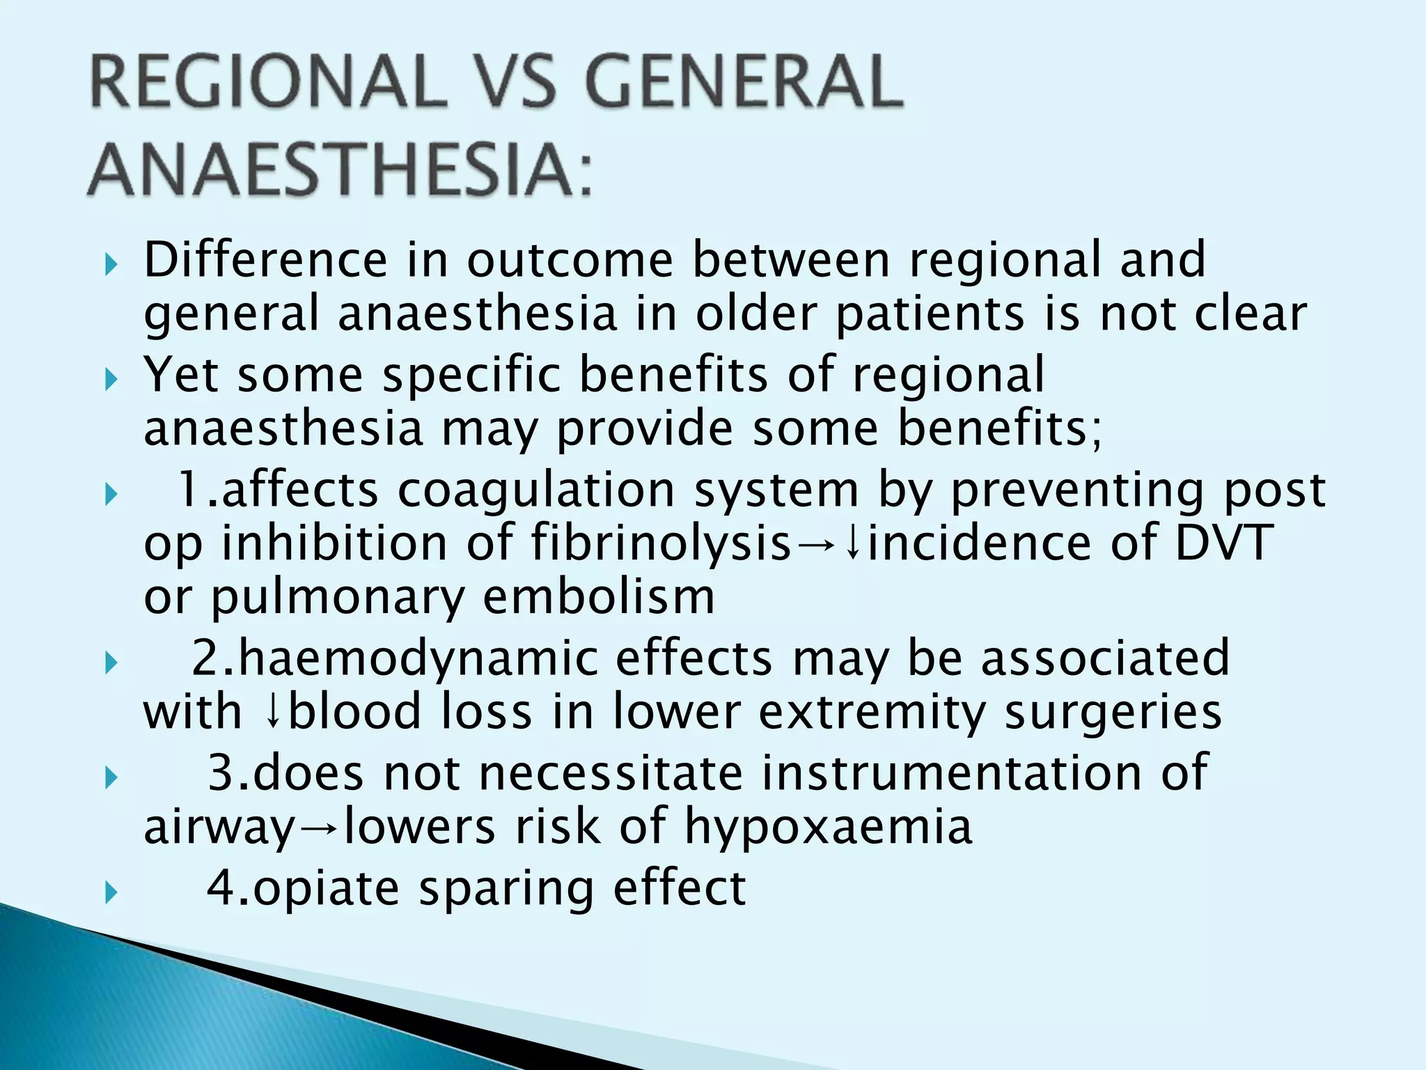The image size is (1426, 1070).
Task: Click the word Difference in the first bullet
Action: [265, 260]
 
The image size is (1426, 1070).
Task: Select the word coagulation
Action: [536, 490]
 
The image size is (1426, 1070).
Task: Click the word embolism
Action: [599, 597]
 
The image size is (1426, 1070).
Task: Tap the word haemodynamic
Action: [417, 658]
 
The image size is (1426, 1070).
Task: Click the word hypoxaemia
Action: [828, 828]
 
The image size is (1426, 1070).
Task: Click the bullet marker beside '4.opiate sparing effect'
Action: [109, 892]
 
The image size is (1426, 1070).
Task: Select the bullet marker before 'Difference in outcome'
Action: [109, 265]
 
